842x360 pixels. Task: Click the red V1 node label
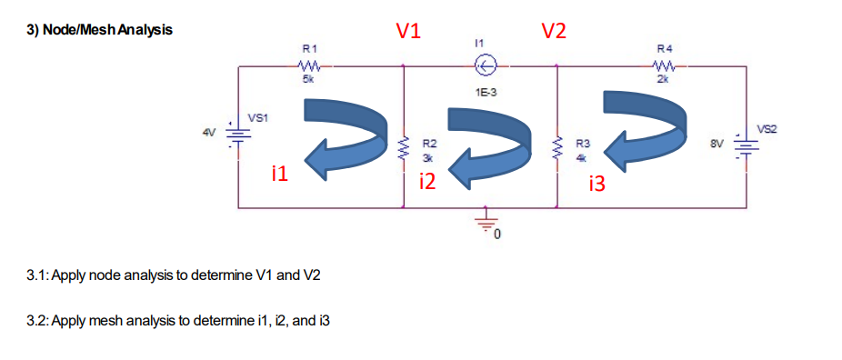tap(408, 31)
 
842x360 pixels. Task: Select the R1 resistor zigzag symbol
tap(308, 65)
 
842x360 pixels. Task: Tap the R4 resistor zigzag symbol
tap(666, 65)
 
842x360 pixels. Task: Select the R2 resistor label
tap(431, 144)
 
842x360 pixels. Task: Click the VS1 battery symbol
tap(238, 135)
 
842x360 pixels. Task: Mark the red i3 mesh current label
tap(596, 185)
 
